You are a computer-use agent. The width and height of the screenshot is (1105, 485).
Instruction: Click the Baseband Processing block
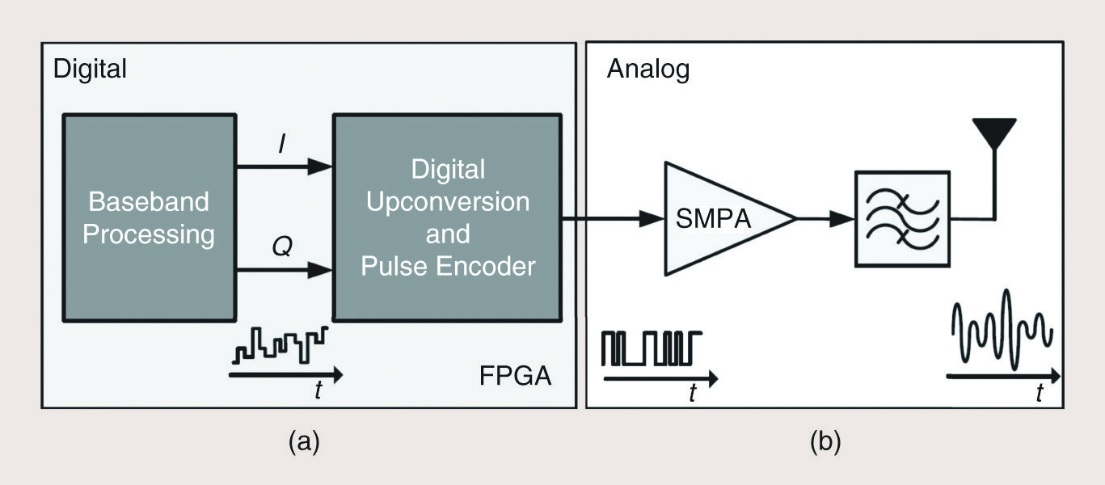tap(149, 217)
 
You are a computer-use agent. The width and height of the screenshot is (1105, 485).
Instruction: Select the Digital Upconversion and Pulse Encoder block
tap(447, 217)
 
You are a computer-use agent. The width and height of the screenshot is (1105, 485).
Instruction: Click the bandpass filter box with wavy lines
tap(902, 218)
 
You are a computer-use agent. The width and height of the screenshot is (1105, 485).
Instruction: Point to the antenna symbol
tap(993, 133)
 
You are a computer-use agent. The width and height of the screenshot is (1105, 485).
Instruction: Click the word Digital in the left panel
tap(90, 69)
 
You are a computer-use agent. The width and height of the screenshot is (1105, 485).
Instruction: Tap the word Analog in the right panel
tap(648, 70)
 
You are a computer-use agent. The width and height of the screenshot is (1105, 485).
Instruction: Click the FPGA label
tap(515, 377)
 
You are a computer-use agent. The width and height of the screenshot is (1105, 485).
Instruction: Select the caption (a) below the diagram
tap(304, 441)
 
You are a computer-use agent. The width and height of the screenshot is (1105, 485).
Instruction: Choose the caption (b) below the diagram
tap(825, 441)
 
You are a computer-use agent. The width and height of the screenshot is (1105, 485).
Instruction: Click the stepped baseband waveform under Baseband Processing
tap(280, 345)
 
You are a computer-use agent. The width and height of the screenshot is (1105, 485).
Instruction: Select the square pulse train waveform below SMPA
tap(652, 348)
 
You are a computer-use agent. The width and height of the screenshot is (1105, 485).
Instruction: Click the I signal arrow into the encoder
tap(284, 167)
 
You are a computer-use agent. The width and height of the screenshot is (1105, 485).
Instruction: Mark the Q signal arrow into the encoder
tap(284, 271)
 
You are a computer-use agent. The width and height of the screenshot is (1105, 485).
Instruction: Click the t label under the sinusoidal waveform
tap(1040, 394)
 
